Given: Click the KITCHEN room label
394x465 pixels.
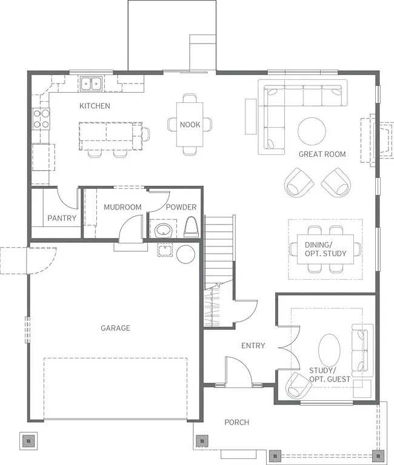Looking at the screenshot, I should click(95, 106).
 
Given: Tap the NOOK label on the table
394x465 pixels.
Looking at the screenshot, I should click(190, 125).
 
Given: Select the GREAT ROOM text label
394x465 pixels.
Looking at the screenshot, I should click(322, 154).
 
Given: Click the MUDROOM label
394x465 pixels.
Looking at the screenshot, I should click(122, 207).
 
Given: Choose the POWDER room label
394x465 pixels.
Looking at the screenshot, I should click(181, 207).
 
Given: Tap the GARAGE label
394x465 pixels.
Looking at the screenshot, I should click(115, 328).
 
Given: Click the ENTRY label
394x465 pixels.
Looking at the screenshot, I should click(253, 346).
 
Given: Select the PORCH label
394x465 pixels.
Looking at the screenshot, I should click(236, 422).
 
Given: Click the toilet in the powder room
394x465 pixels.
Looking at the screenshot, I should click(190, 228).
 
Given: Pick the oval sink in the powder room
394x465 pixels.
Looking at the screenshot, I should click(162, 230).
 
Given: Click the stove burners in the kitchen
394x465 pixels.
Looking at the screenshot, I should click(41, 119).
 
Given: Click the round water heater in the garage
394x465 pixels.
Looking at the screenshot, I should click(185, 254).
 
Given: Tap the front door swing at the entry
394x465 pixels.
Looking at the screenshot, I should click(238, 371).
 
